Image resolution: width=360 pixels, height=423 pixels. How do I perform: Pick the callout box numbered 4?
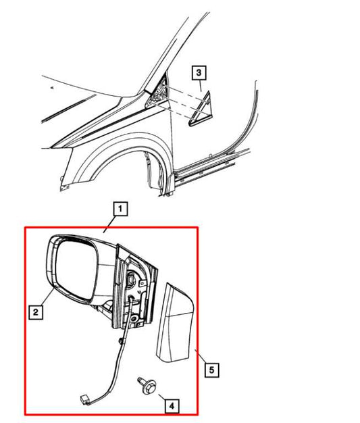pyautogui.click(x=172, y=405)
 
